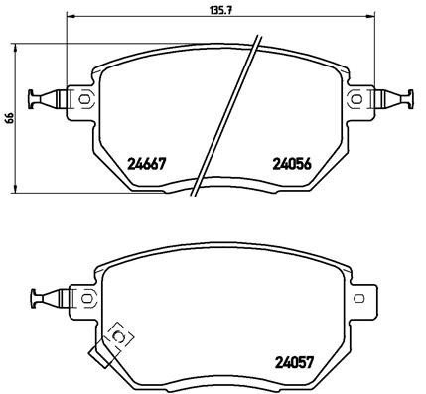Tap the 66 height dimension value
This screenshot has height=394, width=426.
point(10,117)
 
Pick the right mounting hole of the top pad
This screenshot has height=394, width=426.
point(356,97)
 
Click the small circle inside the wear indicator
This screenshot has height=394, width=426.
point(119,336)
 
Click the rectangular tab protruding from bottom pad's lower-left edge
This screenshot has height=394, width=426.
point(100,350)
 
